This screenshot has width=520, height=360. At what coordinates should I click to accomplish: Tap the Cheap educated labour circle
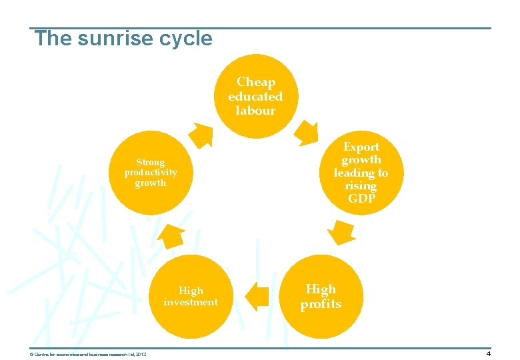coord(255,97)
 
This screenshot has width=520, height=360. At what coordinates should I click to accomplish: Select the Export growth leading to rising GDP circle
coord(361,173)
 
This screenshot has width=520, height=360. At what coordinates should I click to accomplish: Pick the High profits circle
coord(321,296)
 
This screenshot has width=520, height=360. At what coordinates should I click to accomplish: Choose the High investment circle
coord(191,296)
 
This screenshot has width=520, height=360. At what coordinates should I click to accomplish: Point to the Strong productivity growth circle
coord(151,173)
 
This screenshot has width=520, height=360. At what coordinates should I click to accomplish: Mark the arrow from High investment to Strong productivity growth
coord(171,235)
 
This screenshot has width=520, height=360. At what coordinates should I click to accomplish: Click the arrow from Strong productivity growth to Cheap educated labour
coord(201,134)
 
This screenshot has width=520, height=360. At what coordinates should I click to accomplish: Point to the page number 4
coord(488,353)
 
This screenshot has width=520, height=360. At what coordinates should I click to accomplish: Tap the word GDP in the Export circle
coord(361,199)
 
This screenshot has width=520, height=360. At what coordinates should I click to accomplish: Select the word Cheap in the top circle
coord(255,82)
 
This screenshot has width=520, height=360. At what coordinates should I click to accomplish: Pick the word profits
coord(321,304)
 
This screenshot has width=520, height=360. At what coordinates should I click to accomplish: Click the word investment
coord(191,302)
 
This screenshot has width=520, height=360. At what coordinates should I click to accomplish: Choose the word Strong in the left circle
coord(150,162)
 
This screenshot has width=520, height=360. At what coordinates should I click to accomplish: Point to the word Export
coord(361,147)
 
